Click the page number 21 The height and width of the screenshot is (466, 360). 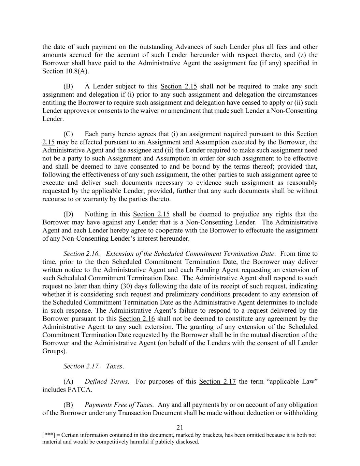coord(180,427)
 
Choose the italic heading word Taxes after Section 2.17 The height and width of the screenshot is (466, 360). coord(114,366)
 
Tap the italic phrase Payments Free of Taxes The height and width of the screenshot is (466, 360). coord(119,405)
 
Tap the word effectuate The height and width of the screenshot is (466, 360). coord(253,230)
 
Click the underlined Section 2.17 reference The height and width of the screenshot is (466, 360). coord(217,381)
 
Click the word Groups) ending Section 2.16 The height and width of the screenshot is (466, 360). coord(55,351)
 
